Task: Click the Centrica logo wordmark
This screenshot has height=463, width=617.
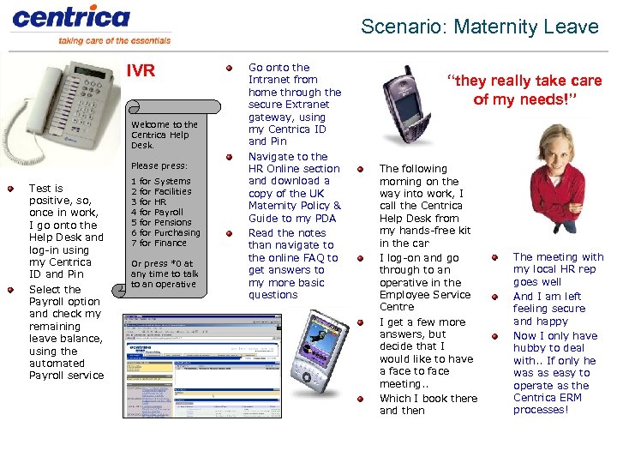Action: pos(70,16)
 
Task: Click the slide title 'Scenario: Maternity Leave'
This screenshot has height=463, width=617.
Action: pos(479,27)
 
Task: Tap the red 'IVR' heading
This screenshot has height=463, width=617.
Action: pos(141,71)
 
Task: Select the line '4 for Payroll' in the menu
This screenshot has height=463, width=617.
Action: pos(157,212)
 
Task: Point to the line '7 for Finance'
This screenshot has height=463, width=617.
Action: pos(158,243)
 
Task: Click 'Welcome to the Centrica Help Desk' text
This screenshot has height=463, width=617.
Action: pos(164,135)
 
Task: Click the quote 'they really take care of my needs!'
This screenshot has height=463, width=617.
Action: pos(524,90)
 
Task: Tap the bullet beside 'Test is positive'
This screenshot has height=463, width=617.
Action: pos(10,189)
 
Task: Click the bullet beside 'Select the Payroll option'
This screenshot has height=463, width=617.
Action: pos(10,290)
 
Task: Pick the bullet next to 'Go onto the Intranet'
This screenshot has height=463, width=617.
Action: pos(229,68)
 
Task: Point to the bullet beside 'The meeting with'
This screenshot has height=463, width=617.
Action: pos(494,257)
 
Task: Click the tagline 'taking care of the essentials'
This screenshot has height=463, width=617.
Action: pos(114,40)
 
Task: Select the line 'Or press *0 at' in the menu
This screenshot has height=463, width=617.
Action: pos(162,264)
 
